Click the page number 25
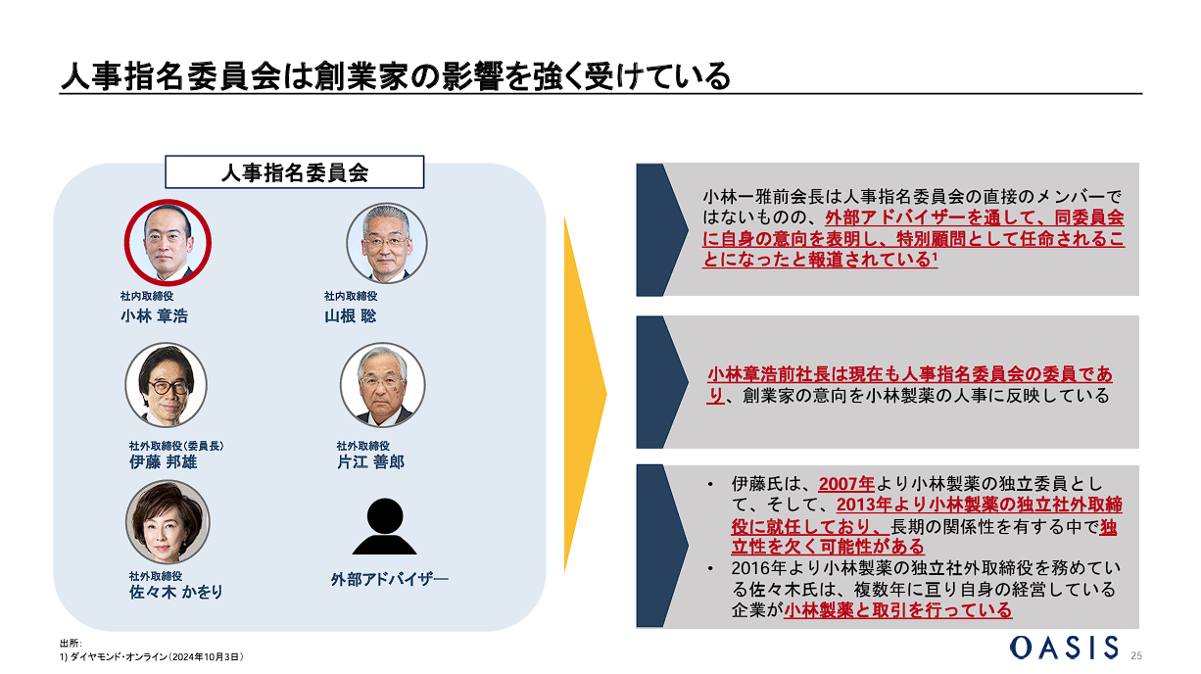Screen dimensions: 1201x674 (x=1136, y=654)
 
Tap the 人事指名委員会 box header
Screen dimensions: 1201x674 (x=294, y=172)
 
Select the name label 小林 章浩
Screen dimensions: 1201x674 (x=154, y=315)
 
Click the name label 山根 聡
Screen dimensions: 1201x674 (x=350, y=315)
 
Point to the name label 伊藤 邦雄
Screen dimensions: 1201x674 (x=163, y=461)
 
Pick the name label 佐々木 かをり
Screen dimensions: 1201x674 (x=176, y=592)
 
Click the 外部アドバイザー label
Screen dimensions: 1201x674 (x=388, y=579)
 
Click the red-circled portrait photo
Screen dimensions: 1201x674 (x=168, y=242)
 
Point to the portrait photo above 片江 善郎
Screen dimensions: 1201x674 (x=383, y=384)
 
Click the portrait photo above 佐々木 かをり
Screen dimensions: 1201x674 (x=168, y=521)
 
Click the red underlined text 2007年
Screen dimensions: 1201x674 (x=845, y=483)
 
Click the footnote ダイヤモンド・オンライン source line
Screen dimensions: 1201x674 (x=151, y=656)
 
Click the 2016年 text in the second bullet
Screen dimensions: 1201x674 (x=755, y=568)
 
